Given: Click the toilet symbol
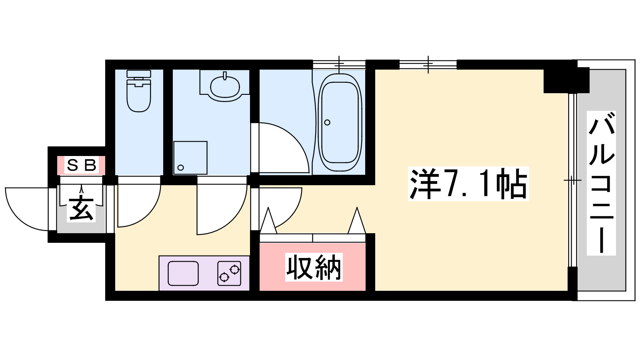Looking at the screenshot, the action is click(138, 90).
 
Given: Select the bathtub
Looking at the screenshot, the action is click(340, 122).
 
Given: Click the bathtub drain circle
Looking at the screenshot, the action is click(328, 122).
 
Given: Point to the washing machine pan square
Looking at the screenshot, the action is click(190, 158).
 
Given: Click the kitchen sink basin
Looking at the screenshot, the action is click(183, 273).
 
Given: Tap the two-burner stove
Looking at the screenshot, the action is click(229, 273).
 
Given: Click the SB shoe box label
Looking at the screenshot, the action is click(82, 165).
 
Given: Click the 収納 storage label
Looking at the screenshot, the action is click(314, 267).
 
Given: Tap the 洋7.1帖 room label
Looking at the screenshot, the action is click(468, 184).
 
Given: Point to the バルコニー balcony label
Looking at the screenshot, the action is click(602, 183).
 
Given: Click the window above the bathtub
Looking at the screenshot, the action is click(339, 64).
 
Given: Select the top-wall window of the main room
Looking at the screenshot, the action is click(428, 64).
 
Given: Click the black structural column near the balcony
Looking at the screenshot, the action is click(566, 80).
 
